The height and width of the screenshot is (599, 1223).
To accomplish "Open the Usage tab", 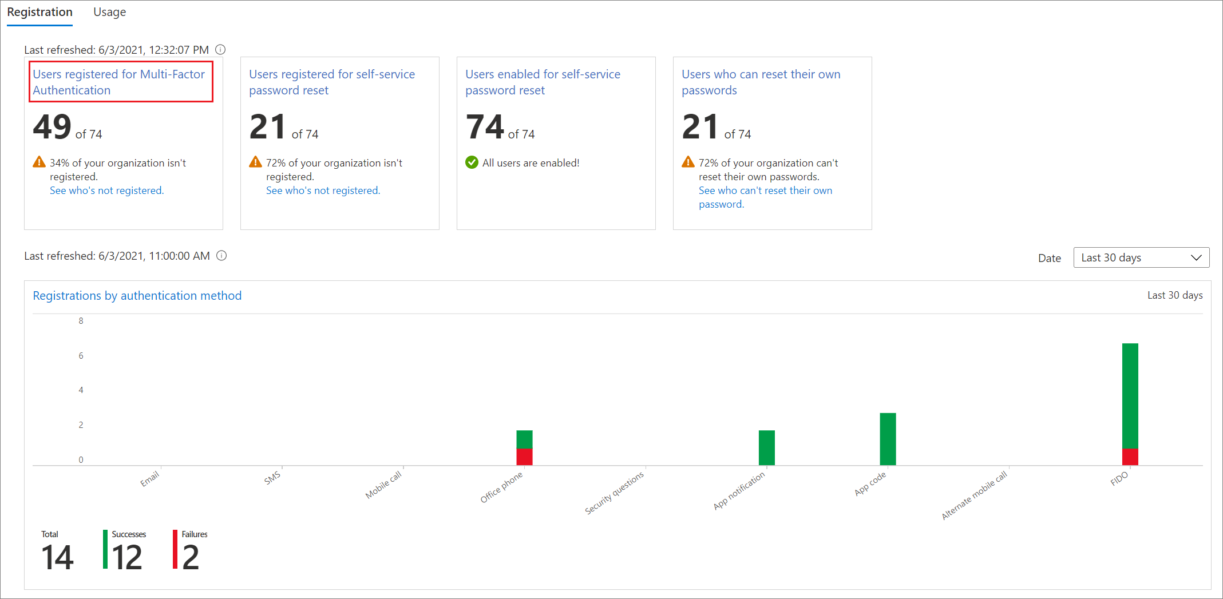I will pos(109,12).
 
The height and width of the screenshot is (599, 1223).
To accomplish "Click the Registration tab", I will pos(39,12).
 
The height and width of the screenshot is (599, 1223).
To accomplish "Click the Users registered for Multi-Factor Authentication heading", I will pos(118,82).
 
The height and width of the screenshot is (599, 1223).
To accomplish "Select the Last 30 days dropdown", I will pos(1141,257).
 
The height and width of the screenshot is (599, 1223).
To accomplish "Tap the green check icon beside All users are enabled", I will pos(472,162).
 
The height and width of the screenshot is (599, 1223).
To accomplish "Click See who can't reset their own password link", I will pos(765,197).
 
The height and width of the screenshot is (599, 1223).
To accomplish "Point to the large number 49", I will pos(52,126).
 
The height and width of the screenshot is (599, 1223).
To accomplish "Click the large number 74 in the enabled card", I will pos(485,126).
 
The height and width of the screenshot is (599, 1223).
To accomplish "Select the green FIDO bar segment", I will pos(1130,395).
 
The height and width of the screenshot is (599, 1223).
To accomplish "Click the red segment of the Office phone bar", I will pos(524,457).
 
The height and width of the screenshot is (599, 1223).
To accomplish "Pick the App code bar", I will pos(888,439).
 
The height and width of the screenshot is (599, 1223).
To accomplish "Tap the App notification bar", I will pos(766,447).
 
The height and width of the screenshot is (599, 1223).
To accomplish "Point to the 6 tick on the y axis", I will pos(81,356).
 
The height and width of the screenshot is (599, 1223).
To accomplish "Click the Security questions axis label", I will pos(614,493).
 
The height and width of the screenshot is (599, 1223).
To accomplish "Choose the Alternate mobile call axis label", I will pos(974,495).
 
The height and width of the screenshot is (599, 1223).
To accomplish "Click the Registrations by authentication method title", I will pos(137,296).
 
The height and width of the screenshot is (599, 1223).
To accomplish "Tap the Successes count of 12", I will pos(126,557).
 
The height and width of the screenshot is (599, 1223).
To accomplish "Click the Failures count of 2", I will pos(191,557).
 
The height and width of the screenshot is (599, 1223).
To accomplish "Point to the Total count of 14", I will pos(57,557).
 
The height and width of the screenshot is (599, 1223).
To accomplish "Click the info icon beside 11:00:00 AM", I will pos(221,256).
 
